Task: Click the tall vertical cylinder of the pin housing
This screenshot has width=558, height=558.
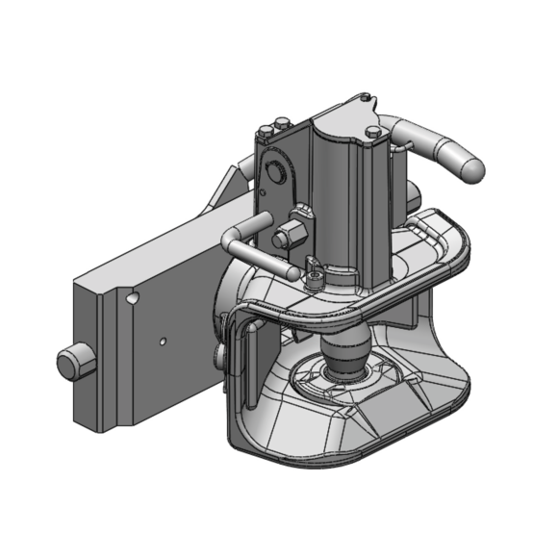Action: tap(337, 192)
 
